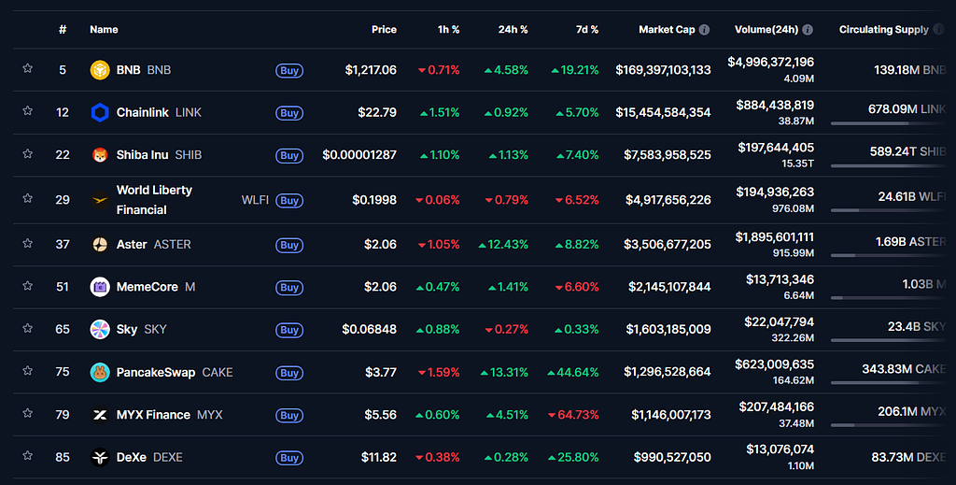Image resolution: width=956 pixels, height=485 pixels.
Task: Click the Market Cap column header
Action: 667,29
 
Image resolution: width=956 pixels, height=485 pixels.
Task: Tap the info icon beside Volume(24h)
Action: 808,29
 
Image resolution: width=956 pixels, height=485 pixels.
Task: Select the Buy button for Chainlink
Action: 289,113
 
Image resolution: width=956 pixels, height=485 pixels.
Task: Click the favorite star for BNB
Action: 27,68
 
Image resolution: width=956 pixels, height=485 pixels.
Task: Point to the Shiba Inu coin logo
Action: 100,155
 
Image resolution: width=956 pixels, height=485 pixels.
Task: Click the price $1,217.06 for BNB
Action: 371,70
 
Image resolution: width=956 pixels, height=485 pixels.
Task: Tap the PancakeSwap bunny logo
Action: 100,372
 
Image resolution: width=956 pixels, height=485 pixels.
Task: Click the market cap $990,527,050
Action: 672,458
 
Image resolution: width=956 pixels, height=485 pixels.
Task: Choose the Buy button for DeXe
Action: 289,458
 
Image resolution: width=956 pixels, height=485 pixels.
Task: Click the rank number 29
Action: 63,200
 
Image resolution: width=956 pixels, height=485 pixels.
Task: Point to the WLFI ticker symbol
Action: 255,200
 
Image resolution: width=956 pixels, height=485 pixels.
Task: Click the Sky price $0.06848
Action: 370,330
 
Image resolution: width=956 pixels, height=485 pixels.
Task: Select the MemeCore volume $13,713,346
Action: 780,279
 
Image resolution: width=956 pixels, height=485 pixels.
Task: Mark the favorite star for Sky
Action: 27,328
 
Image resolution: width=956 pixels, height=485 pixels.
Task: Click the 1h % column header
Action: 449,29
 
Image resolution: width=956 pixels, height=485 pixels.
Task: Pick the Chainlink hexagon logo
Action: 100,112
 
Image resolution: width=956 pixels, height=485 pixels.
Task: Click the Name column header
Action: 104,29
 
